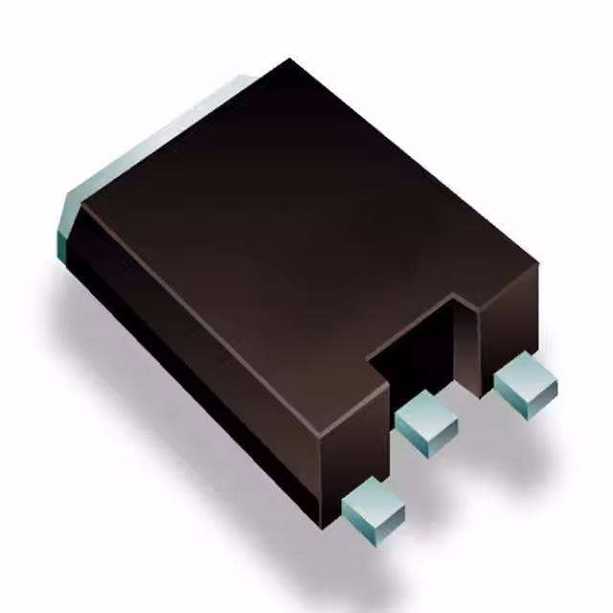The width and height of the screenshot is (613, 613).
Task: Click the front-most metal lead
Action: (x=373, y=505)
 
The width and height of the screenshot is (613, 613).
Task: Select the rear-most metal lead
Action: (x=525, y=383)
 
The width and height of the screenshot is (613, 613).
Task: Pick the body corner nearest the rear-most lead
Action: (x=537, y=265)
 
